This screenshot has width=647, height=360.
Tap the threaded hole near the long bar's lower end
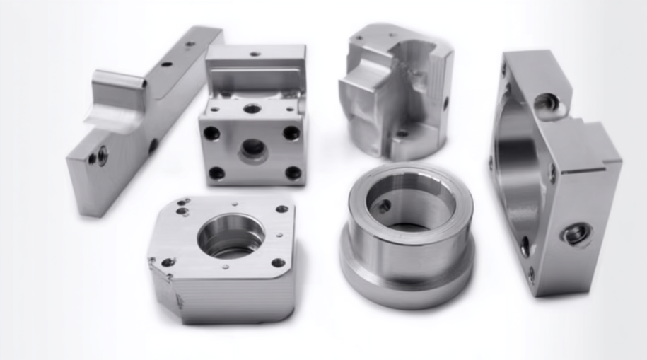[x=102, y=155]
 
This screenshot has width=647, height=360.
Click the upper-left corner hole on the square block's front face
[x=211, y=132]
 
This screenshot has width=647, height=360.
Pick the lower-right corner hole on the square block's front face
[x=293, y=173]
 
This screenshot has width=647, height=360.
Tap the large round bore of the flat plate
[x=231, y=235]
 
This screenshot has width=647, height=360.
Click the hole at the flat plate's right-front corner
[x=278, y=262]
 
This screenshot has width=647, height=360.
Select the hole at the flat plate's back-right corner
[x=281, y=209]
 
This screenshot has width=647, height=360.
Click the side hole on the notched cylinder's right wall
[x=445, y=103]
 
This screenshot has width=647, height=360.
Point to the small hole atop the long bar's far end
[x=190, y=44]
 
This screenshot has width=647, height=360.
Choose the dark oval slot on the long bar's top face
[x=166, y=64]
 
